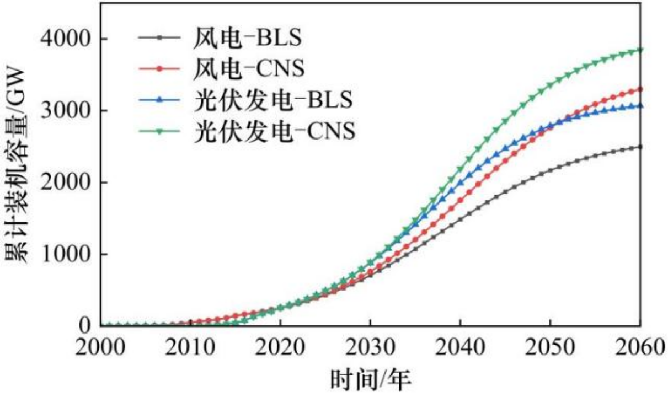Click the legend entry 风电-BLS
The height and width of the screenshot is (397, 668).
tap(248, 39)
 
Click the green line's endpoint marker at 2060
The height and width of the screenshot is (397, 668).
tap(640, 50)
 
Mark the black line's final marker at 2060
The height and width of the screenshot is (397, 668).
tap(640, 147)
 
